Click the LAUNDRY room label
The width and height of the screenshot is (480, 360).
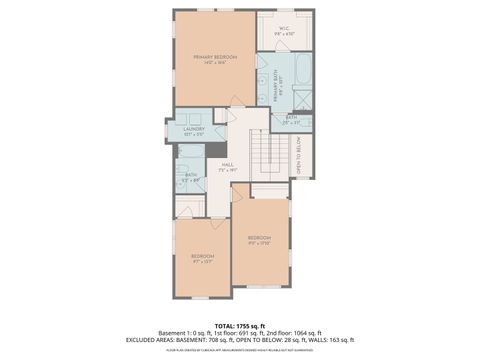pos(194,129)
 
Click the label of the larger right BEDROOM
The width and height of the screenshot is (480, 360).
pos(259,239)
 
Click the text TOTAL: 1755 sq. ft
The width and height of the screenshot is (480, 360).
pos(239,326)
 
